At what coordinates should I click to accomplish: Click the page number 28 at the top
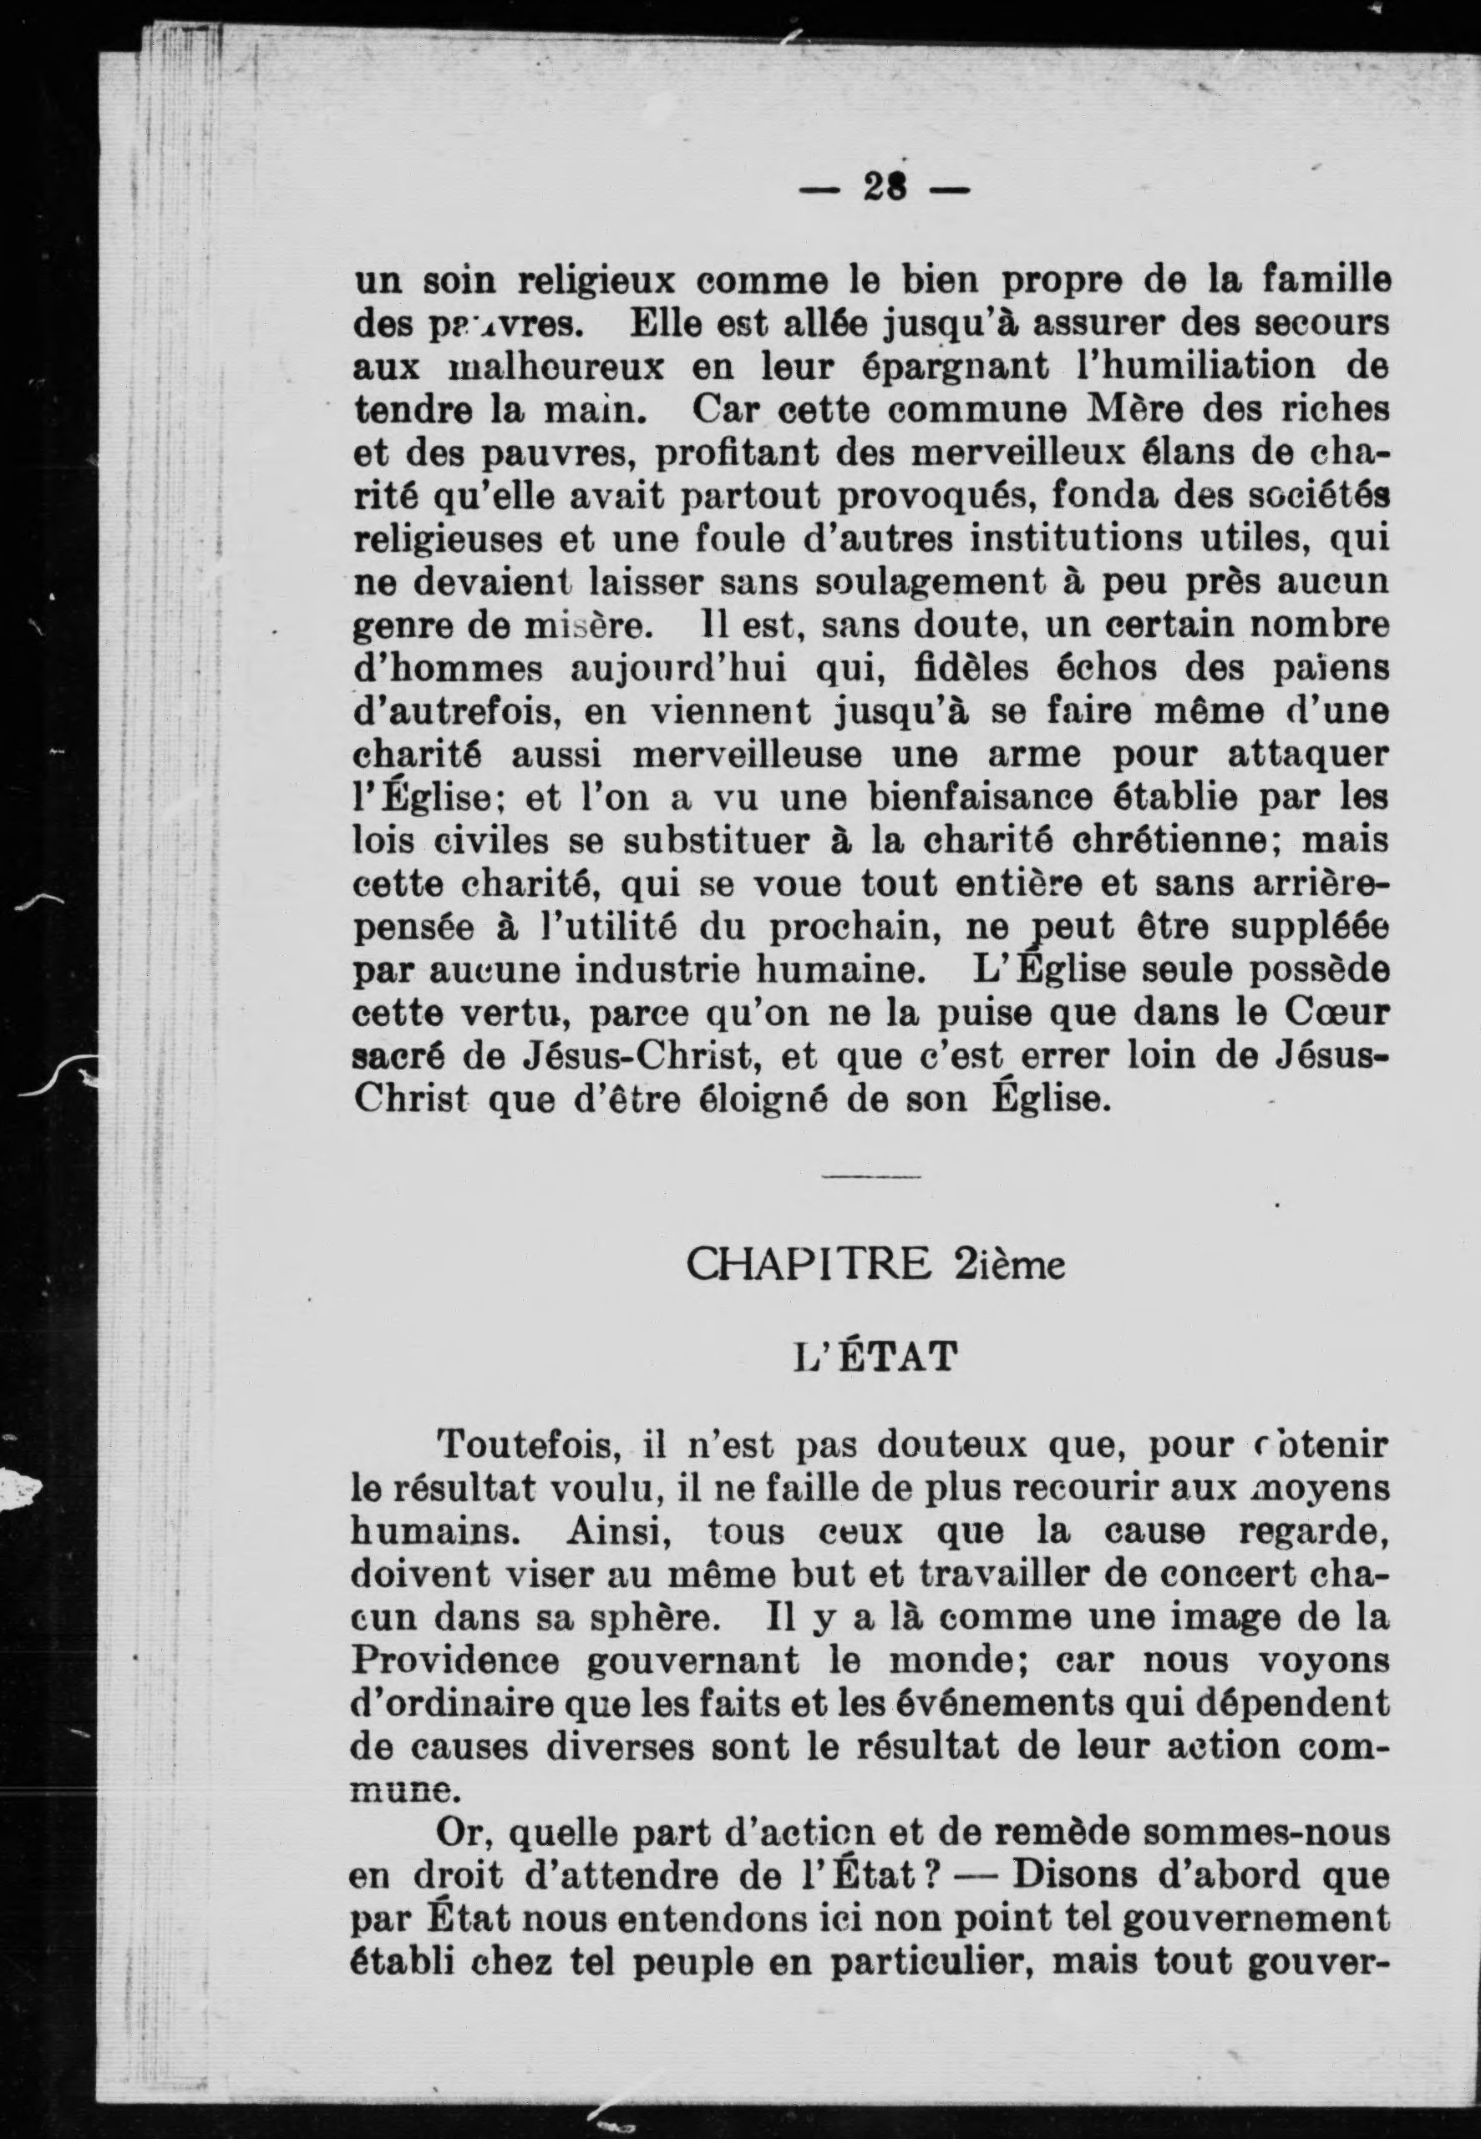885,190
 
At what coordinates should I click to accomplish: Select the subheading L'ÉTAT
871,1359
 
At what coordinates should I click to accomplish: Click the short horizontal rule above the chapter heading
871,1178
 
